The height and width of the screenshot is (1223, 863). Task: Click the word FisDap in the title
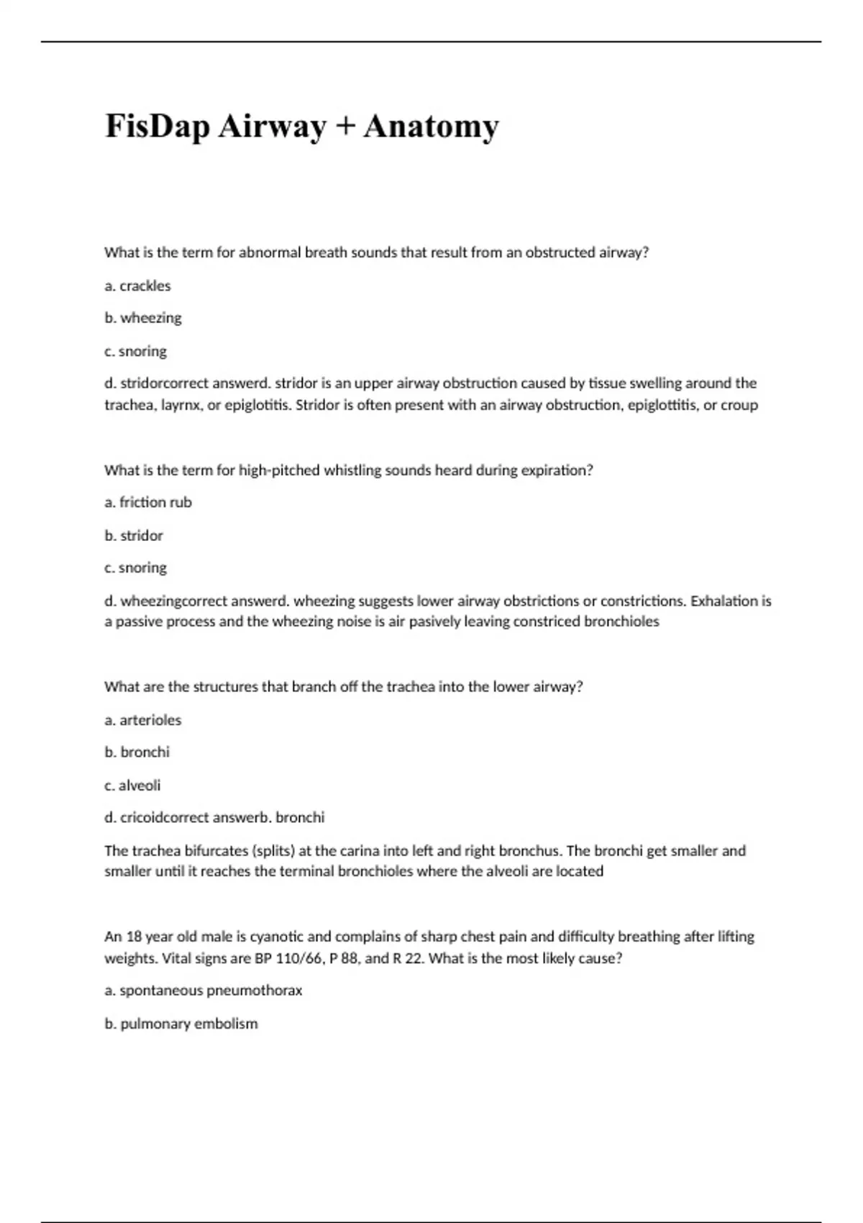coord(157,127)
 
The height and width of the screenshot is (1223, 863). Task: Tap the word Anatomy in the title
coord(431,127)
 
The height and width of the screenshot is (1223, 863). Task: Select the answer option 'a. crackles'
coord(137,286)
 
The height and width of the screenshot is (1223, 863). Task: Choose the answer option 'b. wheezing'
coord(142,318)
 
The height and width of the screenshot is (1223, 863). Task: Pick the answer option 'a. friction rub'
coord(148,502)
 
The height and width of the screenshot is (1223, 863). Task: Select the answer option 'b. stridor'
coord(134,535)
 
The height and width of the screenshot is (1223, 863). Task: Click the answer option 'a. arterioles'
coord(142,719)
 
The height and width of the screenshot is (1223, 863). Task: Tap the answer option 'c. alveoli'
coord(132,785)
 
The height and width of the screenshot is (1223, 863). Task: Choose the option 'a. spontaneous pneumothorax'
coord(203,991)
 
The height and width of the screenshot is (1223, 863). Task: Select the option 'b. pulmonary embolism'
coord(181,1023)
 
